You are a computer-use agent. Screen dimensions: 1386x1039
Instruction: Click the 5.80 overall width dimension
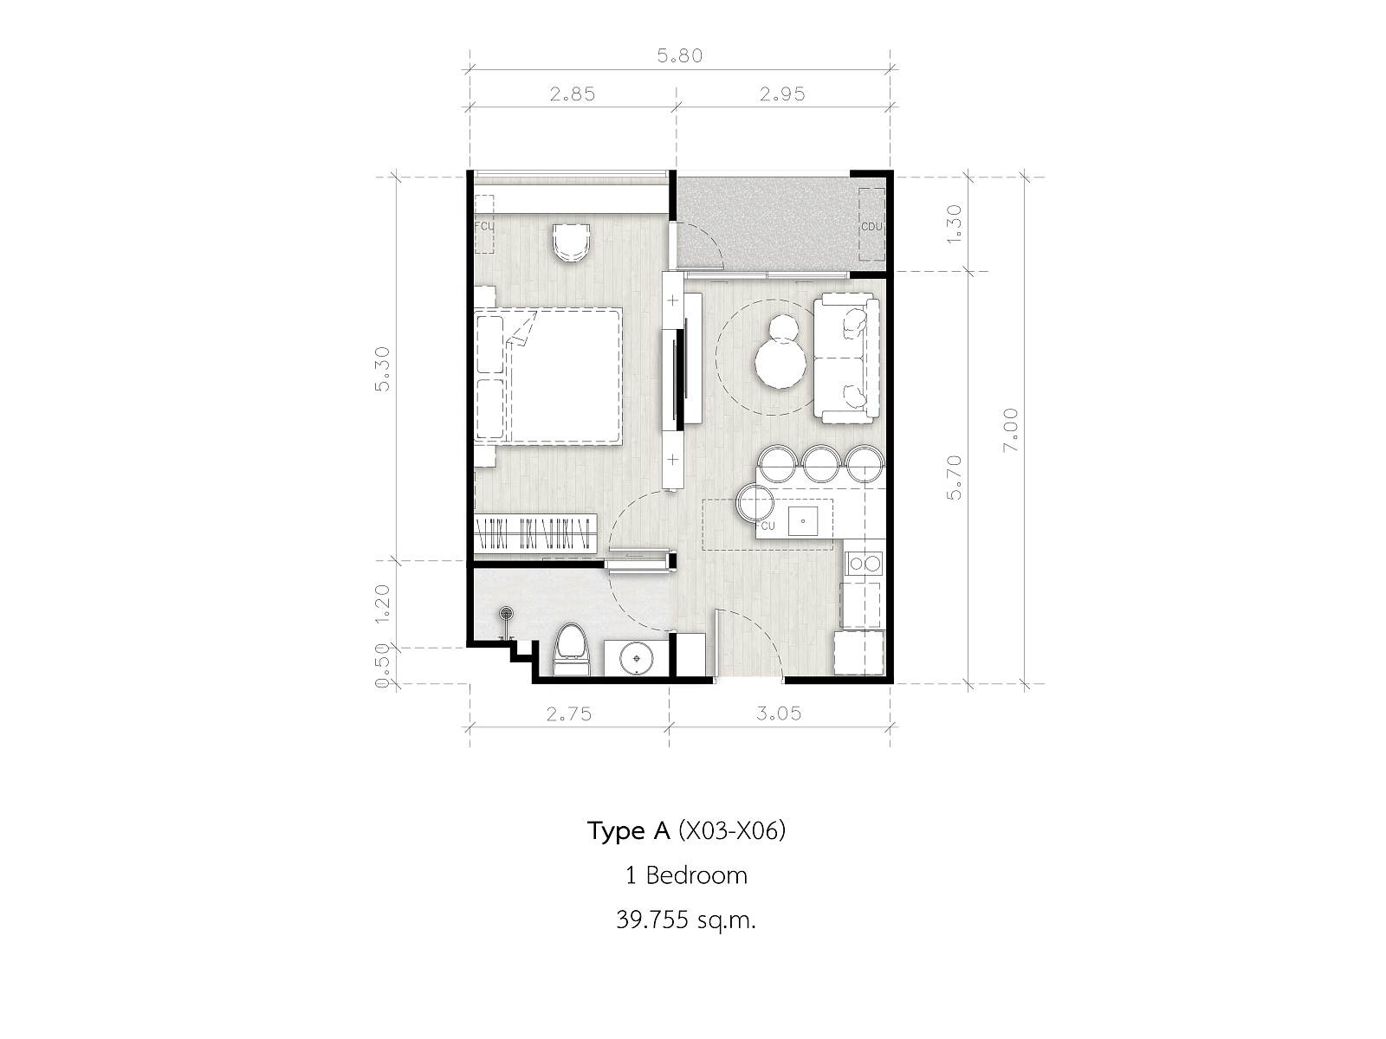679,56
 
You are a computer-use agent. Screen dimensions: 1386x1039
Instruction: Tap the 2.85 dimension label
572,94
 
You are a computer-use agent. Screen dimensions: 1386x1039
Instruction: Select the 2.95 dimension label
782,94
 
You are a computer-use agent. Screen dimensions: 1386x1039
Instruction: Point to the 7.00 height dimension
1010,429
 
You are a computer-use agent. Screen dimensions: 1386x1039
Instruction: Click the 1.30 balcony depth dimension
954,224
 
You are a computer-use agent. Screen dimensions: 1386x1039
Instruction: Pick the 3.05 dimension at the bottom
779,713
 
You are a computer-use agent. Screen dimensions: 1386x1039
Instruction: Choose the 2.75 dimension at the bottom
569,714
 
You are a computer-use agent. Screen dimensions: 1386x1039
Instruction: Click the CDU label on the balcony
871,227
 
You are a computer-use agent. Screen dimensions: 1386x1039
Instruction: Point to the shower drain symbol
505,612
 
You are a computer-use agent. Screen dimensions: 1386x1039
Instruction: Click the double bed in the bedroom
548,377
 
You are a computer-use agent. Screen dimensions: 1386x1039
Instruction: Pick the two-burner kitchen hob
865,562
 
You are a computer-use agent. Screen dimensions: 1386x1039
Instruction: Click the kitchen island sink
802,522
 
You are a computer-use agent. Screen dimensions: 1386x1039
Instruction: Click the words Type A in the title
628,831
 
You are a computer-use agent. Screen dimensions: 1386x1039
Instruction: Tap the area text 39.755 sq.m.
686,920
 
